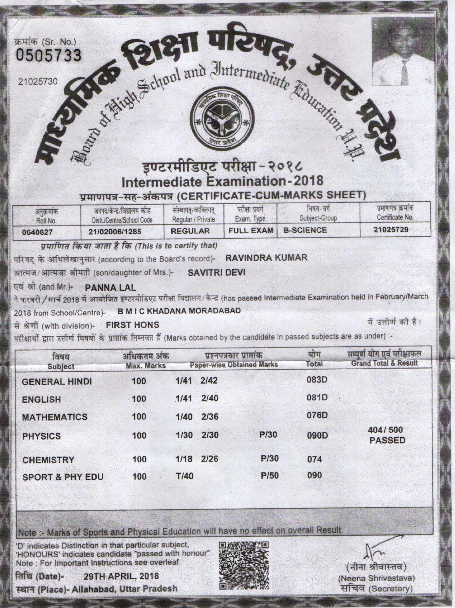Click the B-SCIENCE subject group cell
[305, 230]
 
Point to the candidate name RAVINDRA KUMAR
[266, 258]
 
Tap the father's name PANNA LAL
[111, 288]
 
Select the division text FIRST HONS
[133, 325]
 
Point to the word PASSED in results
[387, 441]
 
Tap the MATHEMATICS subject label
[54, 417]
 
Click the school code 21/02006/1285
[111, 232]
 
